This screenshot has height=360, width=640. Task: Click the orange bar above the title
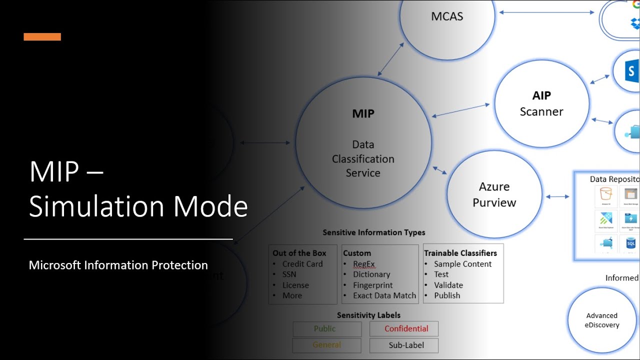[x=42, y=36]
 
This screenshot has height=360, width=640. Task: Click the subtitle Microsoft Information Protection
[x=118, y=265]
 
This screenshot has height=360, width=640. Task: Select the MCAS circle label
[x=447, y=16]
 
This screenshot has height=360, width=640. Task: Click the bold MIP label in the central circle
[x=363, y=113]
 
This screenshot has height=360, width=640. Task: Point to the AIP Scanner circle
[x=541, y=104]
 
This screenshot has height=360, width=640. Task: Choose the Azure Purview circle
[x=494, y=194]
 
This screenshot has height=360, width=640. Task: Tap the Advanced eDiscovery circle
[x=601, y=320]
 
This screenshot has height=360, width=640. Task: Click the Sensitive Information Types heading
[x=373, y=232]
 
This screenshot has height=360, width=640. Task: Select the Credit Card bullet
[x=302, y=264]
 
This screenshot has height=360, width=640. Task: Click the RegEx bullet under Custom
[x=363, y=264]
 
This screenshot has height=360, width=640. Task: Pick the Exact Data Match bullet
[x=384, y=295]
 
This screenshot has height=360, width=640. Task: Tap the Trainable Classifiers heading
[x=460, y=253]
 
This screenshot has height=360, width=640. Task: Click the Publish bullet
[x=446, y=295]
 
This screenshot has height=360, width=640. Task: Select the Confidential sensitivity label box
[x=404, y=328]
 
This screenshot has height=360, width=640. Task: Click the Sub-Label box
[x=404, y=345]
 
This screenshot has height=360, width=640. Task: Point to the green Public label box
[x=326, y=328]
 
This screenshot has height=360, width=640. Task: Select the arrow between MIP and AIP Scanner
[x=460, y=110]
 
